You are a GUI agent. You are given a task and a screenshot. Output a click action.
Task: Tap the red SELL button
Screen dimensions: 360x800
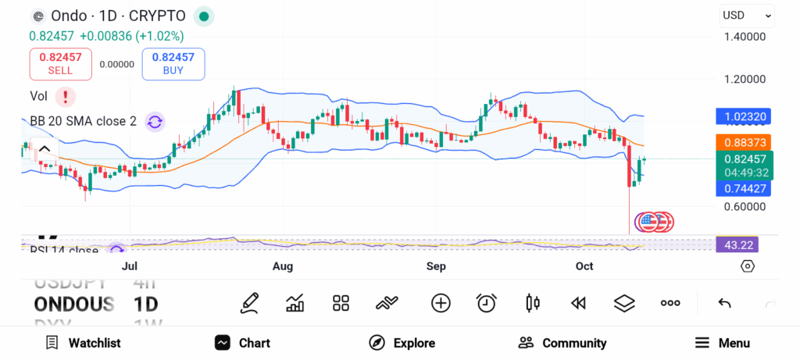[x=60, y=63]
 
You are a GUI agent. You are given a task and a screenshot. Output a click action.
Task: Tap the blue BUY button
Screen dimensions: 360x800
[x=173, y=63]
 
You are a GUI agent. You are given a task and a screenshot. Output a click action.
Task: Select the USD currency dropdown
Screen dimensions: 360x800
[x=746, y=15]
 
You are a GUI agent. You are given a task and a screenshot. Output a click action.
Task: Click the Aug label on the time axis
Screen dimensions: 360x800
[x=283, y=267]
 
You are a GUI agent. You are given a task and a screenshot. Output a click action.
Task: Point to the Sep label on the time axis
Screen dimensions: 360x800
[x=436, y=267]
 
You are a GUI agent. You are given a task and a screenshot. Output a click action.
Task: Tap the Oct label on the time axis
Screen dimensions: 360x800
[x=584, y=267]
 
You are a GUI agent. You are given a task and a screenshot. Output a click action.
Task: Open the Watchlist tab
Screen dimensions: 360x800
[x=83, y=343]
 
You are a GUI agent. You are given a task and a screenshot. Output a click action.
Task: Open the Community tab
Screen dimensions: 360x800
[x=562, y=343]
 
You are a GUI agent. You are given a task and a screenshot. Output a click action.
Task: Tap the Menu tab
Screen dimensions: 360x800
[x=722, y=343]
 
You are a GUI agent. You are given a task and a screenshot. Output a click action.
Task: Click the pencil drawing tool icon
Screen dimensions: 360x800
[x=249, y=303]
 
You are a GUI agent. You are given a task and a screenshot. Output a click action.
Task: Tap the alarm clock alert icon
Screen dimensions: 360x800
[x=487, y=303]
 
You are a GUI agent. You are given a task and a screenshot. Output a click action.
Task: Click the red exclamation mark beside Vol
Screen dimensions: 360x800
[x=66, y=97]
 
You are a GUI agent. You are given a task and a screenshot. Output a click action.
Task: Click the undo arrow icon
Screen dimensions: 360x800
[x=724, y=303]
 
